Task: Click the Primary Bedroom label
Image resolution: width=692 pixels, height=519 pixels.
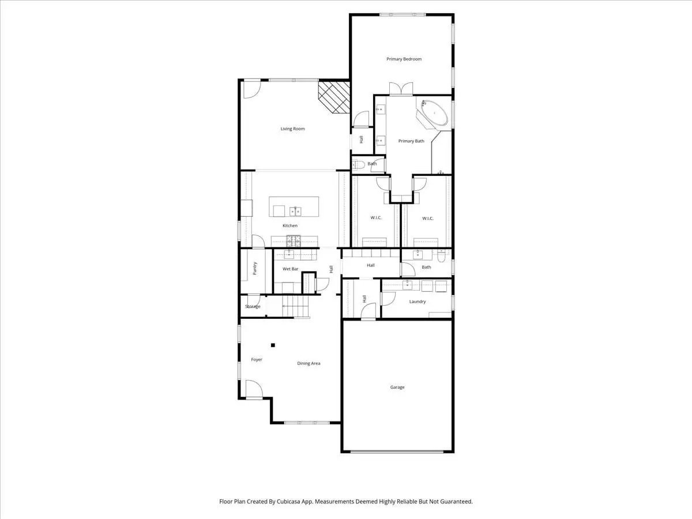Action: pos(404,59)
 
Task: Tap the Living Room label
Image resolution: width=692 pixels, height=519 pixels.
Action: pos(292,129)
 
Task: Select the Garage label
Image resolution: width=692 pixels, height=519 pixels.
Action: pos(397,387)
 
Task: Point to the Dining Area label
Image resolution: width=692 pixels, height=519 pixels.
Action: pos(309,363)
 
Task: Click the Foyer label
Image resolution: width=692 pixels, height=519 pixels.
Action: pos(257,359)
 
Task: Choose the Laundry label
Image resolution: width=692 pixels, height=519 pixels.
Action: pos(418,302)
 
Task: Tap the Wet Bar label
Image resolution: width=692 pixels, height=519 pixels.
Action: pos(291,269)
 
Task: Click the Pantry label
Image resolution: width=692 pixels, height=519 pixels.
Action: pos(255,269)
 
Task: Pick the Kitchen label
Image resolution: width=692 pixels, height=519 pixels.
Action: pos(290,225)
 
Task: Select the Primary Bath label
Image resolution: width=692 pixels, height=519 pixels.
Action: pos(411,141)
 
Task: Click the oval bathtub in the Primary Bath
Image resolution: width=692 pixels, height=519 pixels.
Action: pos(434,113)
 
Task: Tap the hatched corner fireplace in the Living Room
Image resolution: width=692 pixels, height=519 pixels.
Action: pos(334,97)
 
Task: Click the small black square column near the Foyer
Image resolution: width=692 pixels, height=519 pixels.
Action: pos(273,345)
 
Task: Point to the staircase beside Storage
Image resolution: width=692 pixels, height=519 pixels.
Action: pos(296,306)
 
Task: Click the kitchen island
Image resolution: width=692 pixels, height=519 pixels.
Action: pos(294,206)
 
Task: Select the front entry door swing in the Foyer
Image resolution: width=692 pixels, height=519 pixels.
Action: pos(254,389)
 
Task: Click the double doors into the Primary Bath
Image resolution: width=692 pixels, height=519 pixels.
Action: pos(401,89)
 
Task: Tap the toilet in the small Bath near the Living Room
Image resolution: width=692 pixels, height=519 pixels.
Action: pos(359,164)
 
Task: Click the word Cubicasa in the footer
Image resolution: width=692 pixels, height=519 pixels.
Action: pos(289,501)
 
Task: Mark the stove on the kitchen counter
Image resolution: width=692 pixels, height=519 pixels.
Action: pos(293,241)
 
